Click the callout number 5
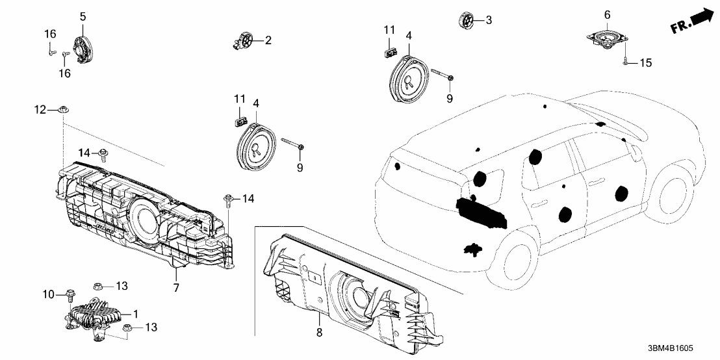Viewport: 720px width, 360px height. coord(83,16)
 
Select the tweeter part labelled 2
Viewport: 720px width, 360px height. coord(246,41)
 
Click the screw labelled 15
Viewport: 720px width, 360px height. coord(624,62)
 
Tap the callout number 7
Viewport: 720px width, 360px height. coord(175,287)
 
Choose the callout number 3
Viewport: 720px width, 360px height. coord(489,21)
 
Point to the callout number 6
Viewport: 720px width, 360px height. coord(607,14)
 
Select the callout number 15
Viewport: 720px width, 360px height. coord(645,63)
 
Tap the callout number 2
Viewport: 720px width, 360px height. coord(268,40)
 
